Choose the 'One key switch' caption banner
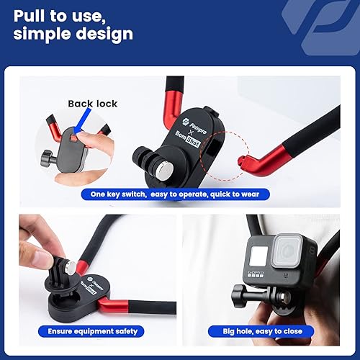pyautogui.click(x=175, y=194)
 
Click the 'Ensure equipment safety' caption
pyautogui.click(x=91, y=331)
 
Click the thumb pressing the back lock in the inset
pyautogui.click(x=83, y=135)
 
